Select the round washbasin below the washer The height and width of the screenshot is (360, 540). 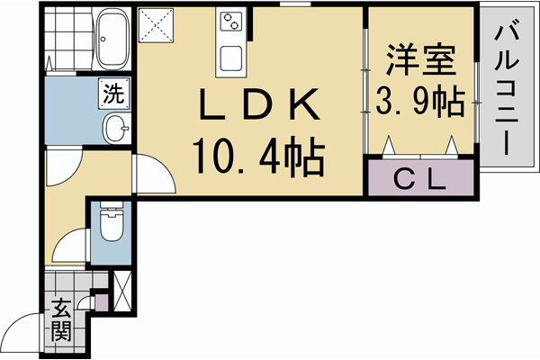click(x=115, y=129)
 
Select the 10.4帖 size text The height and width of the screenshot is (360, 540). click(x=257, y=159)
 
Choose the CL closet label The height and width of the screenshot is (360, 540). click(x=421, y=179)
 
